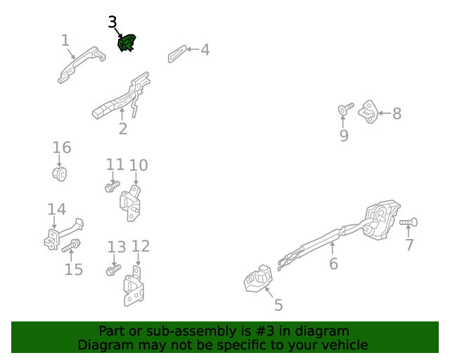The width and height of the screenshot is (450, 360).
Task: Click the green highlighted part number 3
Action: pos(127,43)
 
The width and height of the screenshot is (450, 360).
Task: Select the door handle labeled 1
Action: pos(81,65)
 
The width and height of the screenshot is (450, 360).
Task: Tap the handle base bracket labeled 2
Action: pos(122,96)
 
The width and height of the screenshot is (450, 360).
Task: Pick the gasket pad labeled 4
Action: pos(177,53)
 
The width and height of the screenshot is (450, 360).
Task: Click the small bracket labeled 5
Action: pos(258,278)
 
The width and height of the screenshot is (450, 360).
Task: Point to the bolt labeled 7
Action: pos(409,222)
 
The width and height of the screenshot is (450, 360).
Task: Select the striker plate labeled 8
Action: pos(368,112)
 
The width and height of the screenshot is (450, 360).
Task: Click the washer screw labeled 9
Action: pos(345,109)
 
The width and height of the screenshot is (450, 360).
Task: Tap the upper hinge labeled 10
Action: pos(130,203)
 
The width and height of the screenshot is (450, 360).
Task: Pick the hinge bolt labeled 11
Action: pos(112,187)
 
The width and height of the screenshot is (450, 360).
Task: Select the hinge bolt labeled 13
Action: pos(113,270)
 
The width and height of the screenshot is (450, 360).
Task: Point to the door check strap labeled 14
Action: pos(64,234)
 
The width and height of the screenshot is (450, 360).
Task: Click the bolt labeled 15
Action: pos(71,245)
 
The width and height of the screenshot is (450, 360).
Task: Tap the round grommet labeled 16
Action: pos(60,174)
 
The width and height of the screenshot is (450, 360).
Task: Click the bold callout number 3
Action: pos(112,22)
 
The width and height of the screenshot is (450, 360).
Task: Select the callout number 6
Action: pos(333,264)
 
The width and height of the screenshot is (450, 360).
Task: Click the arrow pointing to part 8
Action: pos(385,113)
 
